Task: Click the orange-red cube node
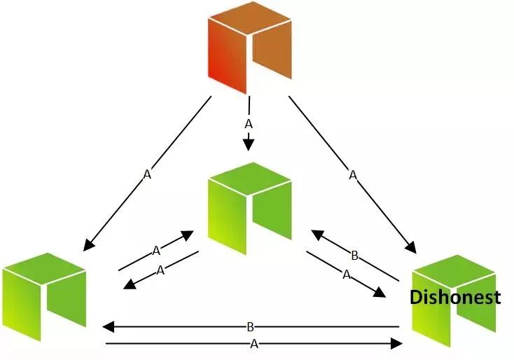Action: point(250,48)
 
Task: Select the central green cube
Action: point(250,208)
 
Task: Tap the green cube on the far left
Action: point(45,297)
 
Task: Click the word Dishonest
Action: point(455,297)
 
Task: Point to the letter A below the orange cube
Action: point(249,124)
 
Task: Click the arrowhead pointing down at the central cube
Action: point(249,144)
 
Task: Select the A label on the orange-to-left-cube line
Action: point(148,174)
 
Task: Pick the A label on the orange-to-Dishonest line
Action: point(353,175)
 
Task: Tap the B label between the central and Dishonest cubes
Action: point(354,256)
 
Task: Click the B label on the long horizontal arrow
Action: point(250,326)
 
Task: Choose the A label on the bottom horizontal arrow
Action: point(254,344)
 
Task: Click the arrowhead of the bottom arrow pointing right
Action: point(396,344)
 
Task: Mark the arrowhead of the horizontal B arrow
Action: point(108,326)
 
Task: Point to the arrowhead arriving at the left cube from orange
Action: point(88,246)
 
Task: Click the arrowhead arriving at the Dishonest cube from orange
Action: point(411,247)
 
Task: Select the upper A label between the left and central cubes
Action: point(156,251)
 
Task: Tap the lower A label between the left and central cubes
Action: point(160,270)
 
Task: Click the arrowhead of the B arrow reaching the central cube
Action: point(317,235)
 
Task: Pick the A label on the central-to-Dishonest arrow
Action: point(347,275)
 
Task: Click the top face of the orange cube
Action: point(250,18)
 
